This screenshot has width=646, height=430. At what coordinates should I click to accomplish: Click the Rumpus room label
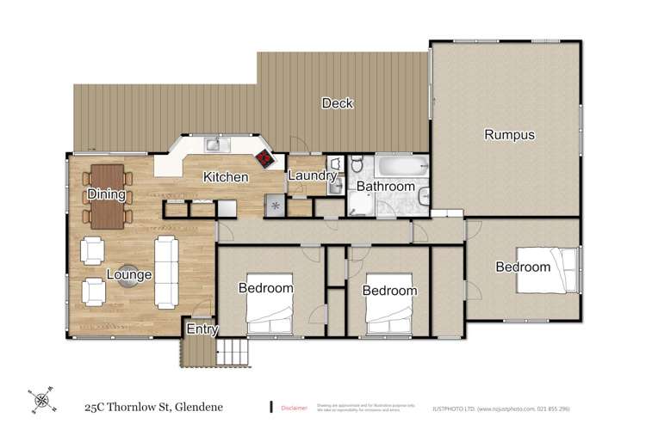pos(510,134)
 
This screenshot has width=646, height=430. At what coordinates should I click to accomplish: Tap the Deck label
pos(338,104)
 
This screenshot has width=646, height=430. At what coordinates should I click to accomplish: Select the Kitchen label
pos(226,178)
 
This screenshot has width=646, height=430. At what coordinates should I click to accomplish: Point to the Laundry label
pos(311,176)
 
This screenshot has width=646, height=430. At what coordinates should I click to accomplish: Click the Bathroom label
pos(386,186)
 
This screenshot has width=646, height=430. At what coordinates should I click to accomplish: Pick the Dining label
pos(107,195)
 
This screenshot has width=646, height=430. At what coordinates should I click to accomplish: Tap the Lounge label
pos(129,275)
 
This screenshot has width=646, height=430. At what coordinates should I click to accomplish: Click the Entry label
pos(202,329)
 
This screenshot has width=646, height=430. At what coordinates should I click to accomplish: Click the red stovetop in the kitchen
pos(264,159)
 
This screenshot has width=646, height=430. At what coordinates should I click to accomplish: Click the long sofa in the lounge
pos(165,273)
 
